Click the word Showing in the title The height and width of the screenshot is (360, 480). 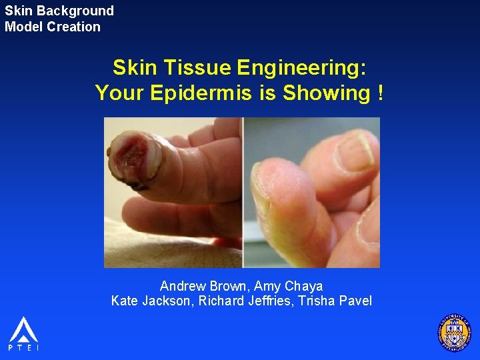[x=325, y=93]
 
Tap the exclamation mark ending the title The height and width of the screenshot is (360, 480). [x=380, y=93]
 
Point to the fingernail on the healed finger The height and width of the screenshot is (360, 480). [x=353, y=151]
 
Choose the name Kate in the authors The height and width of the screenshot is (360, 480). [x=124, y=301]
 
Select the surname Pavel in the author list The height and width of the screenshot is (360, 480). [x=356, y=301]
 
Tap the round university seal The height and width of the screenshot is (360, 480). [x=454, y=331]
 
